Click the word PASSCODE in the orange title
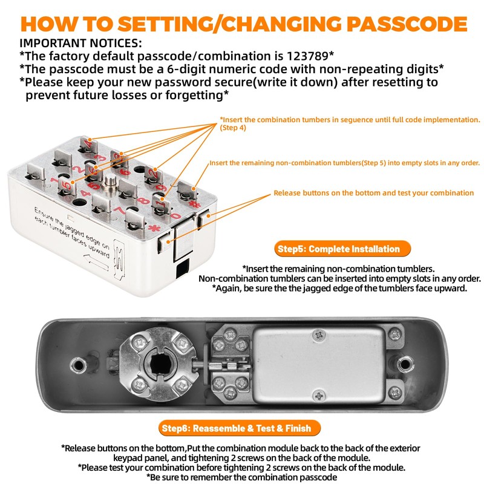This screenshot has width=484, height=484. (407, 24)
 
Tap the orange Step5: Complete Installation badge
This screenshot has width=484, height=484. (342, 249)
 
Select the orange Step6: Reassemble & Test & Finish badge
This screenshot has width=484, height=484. (240, 428)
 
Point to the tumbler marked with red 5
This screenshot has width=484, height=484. (67, 186)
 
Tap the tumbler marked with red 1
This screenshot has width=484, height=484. (161, 205)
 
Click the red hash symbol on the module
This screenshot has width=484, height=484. (195, 204)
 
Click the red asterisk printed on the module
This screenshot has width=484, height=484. (154, 229)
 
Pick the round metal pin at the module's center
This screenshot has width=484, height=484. (109, 181)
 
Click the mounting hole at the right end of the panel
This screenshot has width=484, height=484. (405, 364)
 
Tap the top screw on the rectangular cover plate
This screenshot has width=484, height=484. (319, 335)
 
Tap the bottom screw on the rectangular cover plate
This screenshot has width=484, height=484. (319, 396)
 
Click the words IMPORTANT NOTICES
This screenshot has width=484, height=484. (80, 43)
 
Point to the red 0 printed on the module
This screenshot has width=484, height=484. (175, 215)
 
